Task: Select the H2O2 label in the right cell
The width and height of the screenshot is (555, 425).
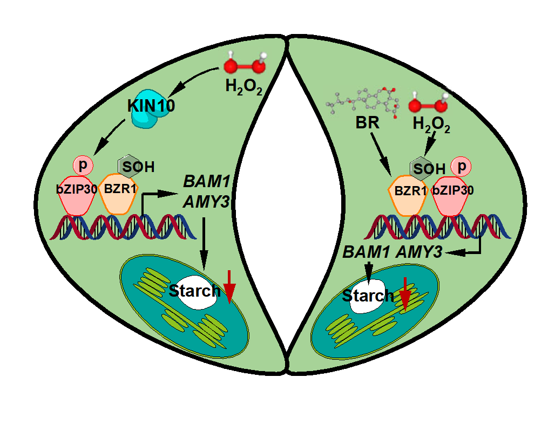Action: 431,125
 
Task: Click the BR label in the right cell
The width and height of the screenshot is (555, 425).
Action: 367,122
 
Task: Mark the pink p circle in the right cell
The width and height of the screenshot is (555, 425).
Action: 461,167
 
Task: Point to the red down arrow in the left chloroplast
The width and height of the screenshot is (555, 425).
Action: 229,285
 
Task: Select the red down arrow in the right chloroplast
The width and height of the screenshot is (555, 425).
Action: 404,294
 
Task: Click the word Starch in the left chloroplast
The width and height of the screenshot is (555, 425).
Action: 194,291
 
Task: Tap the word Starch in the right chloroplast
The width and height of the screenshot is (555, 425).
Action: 368,296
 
